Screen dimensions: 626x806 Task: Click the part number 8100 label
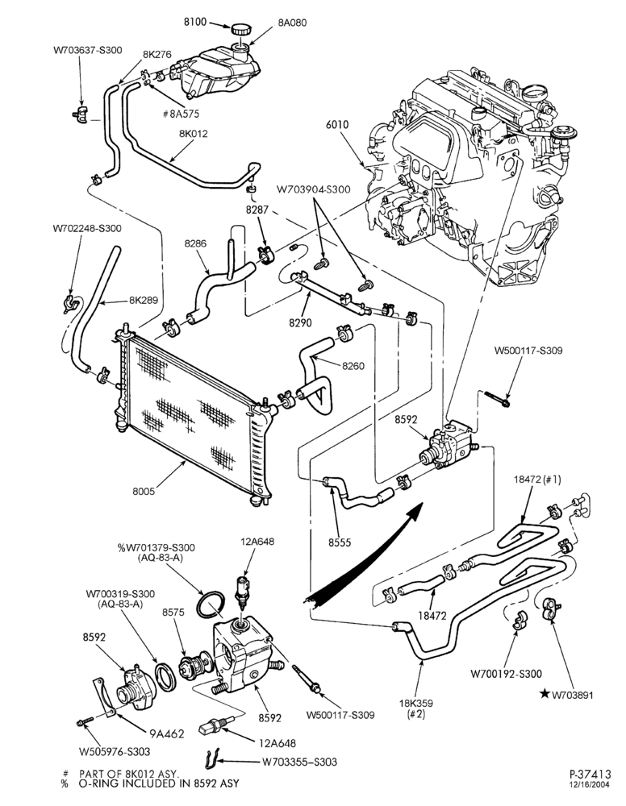(x=195, y=22)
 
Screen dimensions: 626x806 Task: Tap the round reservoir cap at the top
(x=240, y=29)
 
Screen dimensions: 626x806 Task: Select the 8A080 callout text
(x=292, y=23)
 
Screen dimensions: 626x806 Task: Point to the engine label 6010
(x=337, y=124)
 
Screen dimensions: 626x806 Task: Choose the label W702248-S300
(x=87, y=228)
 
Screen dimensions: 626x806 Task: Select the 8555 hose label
(x=340, y=542)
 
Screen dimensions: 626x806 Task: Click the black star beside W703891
(x=544, y=695)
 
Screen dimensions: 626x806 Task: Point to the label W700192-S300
(x=507, y=674)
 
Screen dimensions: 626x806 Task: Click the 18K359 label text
(x=416, y=703)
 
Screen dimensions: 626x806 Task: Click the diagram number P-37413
(x=590, y=774)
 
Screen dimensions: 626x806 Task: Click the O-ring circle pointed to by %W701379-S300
(x=211, y=606)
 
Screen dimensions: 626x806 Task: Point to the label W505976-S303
(x=115, y=751)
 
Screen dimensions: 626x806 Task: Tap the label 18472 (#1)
(x=537, y=479)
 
